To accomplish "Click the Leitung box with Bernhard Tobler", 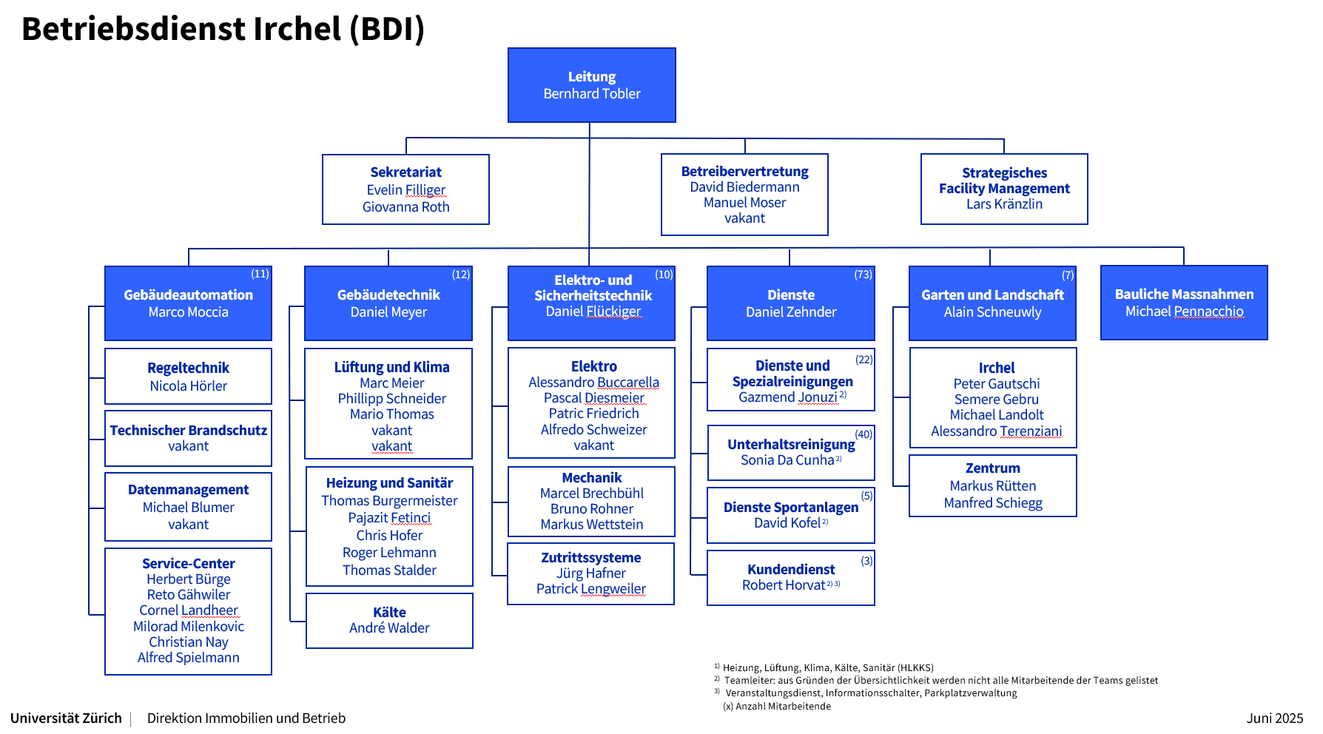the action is [x=591, y=85].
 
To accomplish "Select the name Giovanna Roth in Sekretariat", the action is [x=405, y=207].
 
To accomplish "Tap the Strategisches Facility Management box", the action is [x=1004, y=189].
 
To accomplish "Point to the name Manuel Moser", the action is [x=744, y=203].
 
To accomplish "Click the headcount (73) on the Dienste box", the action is [x=863, y=275].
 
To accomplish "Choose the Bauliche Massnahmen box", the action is [x=1184, y=303].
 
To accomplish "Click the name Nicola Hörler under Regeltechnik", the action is [x=188, y=386].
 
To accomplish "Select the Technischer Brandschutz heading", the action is [x=189, y=430].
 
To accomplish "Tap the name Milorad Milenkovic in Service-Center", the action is [x=189, y=627].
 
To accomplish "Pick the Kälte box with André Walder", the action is [x=389, y=621].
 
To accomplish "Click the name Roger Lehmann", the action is [x=389, y=553].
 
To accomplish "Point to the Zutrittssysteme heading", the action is [x=590, y=558].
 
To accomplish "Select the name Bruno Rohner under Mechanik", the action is [x=591, y=509].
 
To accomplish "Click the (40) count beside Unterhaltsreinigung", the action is [x=864, y=434].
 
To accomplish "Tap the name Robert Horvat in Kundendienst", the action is [x=783, y=585].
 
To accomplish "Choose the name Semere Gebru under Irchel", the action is [x=996, y=400].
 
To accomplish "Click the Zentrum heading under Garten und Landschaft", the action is [x=992, y=468].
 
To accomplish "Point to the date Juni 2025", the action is [x=1274, y=718].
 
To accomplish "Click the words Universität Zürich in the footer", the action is [x=66, y=718].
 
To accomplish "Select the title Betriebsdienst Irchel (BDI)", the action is [x=223, y=29].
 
